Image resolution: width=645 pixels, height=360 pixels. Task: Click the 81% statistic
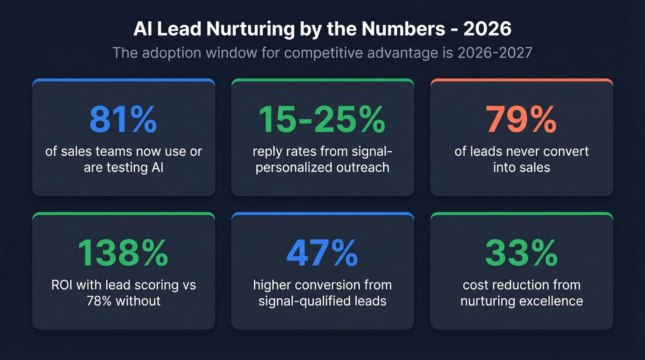[x=123, y=119]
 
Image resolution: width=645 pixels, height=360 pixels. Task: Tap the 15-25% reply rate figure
[x=322, y=119]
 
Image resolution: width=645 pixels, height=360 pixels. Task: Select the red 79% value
[x=522, y=119]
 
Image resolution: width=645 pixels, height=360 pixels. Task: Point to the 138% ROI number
[x=123, y=253]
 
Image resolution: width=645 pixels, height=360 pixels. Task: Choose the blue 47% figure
[x=322, y=253]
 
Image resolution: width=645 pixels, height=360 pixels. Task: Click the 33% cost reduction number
[x=522, y=253]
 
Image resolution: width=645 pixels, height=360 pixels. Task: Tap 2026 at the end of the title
[x=487, y=29]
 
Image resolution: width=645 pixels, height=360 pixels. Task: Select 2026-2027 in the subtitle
[x=495, y=53]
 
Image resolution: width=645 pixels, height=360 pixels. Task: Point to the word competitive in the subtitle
[x=325, y=53]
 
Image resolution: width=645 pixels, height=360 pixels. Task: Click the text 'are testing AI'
[x=123, y=167]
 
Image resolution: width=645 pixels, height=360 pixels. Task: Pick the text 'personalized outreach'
[x=322, y=167]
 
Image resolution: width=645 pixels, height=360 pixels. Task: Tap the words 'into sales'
[x=522, y=167]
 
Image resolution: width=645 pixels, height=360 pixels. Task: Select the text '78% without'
[x=123, y=301]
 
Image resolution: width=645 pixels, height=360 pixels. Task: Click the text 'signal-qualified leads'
[x=322, y=301]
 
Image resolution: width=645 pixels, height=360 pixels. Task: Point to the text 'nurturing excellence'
[x=522, y=301]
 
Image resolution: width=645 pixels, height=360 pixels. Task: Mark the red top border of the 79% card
[x=522, y=81]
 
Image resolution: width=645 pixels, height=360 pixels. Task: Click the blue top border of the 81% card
[x=123, y=81]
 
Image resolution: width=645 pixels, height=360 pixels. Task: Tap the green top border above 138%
[x=123, y=214]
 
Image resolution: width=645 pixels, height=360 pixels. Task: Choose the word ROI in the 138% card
[x=62, y=285]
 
